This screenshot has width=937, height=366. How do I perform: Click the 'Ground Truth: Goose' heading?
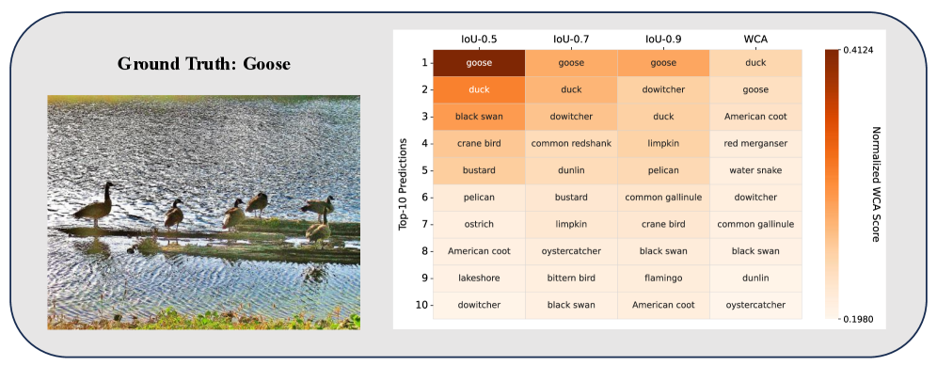(204, 63)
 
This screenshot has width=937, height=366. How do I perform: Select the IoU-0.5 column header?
(479, 40)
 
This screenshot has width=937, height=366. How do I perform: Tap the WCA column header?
(756, 40)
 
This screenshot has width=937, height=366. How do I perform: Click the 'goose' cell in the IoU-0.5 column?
(479, 63)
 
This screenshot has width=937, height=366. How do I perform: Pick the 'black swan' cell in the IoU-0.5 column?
(479, 117)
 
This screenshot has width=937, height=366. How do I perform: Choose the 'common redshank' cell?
(571, 144)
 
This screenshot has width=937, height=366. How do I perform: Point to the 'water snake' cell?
(756, 170)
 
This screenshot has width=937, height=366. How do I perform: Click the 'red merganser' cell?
(756, 144)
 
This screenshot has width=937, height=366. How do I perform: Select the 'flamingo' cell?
(664, 278)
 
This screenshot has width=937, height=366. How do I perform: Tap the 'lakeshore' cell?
(479, 278)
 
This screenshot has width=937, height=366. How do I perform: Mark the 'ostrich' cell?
(479, 224)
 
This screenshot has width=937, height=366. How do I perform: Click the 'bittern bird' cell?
(571, 278)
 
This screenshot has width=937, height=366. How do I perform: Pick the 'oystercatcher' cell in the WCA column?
(756, 305)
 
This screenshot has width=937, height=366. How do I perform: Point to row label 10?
(421, 305)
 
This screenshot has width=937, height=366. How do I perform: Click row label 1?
(423, 63)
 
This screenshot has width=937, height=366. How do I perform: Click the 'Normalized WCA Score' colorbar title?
(877, 184)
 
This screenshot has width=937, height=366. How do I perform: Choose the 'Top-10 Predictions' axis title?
(403, 184)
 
